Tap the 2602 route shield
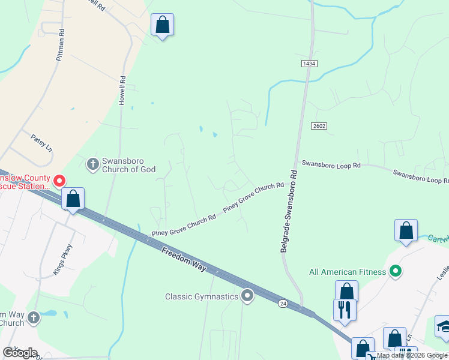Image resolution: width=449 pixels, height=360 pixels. tap(319, 125)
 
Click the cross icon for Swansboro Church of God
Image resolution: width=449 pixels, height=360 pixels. tap(92, 163)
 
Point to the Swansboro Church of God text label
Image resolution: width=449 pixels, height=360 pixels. tap(128, 165)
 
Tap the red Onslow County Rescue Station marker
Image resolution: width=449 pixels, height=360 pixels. tap(59, 180)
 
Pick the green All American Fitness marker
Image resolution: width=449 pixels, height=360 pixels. tap(395, 272)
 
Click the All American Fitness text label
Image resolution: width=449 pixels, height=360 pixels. tap(348, 272)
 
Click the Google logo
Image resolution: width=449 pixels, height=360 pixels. tap(19, 353)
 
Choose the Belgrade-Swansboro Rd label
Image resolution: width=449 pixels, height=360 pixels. tap(289, 210)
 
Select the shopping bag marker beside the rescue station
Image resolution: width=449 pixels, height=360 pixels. tap(73, 199)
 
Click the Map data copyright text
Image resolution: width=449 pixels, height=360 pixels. tap(412, 355)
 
